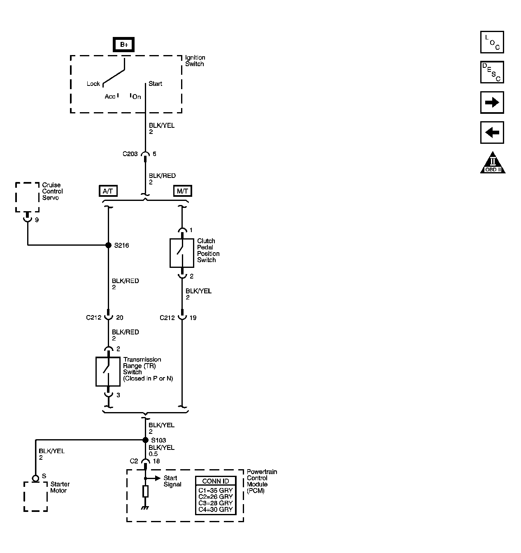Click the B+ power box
point(124,44)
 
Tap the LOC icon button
point(492,42)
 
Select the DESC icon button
point(492,72)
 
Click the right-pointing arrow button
point(492,102)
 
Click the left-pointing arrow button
point(492,132)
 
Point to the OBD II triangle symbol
point(493,164)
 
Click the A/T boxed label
point(108,191)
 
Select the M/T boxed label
point(182,191)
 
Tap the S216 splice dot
point(108,245)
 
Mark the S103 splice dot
point(145,440)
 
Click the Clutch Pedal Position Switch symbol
point(182,253)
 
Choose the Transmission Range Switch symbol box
point(108,371)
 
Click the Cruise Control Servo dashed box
point(27,197)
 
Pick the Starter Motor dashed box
point(35,496)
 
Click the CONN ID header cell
point(215,481)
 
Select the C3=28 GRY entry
point(215,503)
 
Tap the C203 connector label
point(130,154)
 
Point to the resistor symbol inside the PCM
point(145,491)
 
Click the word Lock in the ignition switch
point(93,84)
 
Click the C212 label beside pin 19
point(167,318)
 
